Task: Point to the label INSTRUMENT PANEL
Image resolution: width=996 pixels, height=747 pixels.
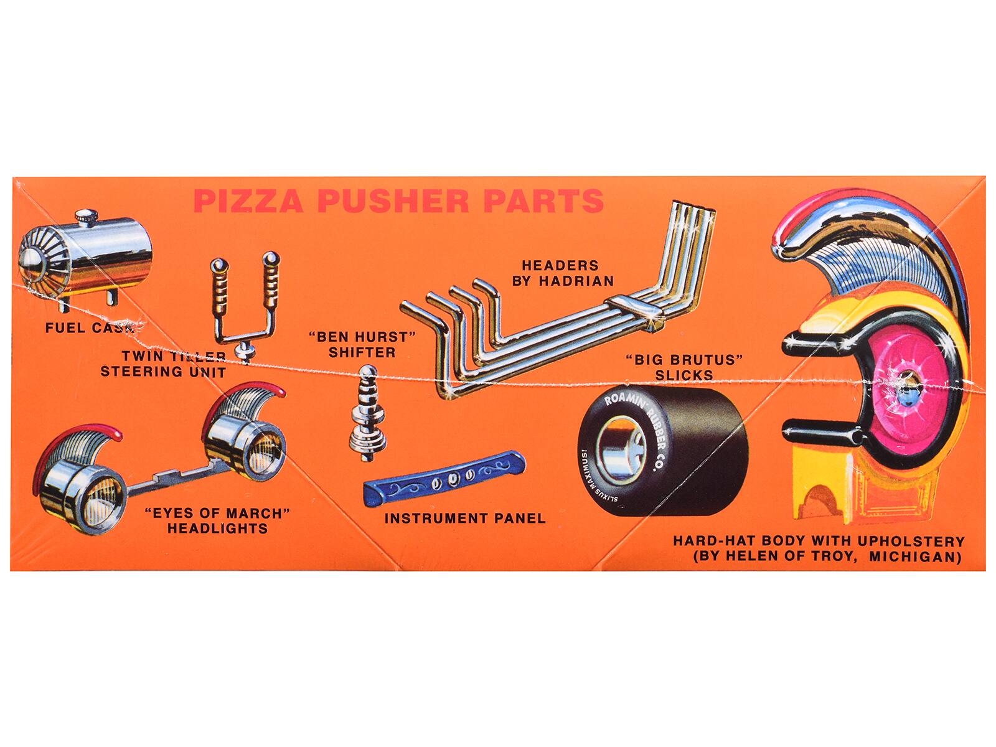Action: point(464,518)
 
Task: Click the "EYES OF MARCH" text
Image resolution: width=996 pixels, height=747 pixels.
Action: point(217,514)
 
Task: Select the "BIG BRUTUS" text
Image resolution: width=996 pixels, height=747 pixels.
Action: point(685,360)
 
